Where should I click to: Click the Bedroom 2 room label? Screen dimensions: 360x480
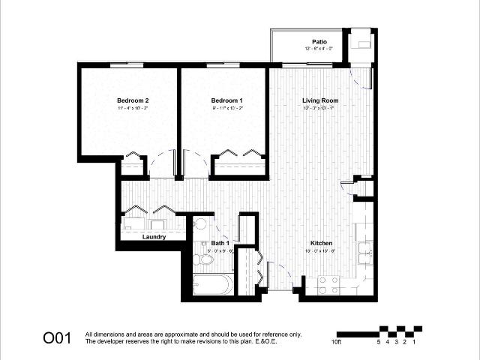[133, 100]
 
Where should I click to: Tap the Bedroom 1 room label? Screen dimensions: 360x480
[226, 100]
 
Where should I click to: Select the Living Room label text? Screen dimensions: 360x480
[320, 100]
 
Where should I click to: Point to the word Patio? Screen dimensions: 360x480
[319, 41]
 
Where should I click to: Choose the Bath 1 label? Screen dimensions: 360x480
[219, 244]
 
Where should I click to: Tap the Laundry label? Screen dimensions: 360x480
[153, 237]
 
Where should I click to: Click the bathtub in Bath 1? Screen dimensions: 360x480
[213, 285]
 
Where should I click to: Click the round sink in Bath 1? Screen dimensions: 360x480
[200, 225]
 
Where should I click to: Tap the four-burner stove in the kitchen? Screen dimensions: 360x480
[328, 284]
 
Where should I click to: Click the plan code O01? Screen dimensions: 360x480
[57, 337]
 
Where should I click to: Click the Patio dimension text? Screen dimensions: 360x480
[319, 49]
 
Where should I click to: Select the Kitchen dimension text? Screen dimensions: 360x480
[322, 251]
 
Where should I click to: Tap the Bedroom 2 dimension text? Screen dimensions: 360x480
[133, 109]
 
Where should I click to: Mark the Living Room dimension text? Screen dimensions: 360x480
[320, 109]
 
